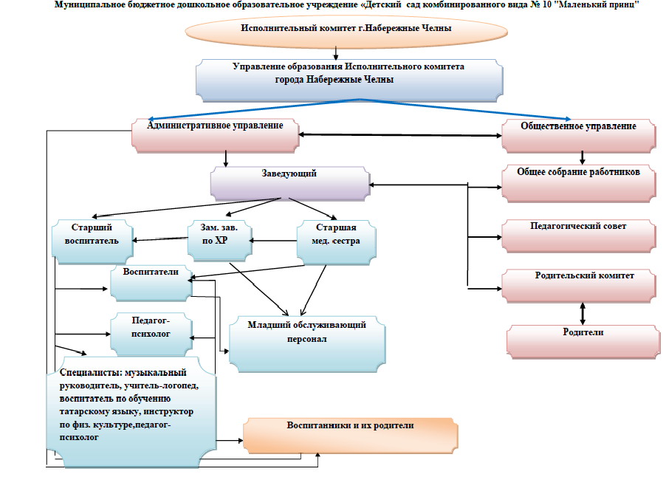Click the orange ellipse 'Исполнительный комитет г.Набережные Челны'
pos(346,29)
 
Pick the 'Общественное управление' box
pos(579,134)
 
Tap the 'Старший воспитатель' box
pos(92,239)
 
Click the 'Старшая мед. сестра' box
pos(337,239)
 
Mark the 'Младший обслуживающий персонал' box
pos(306,341)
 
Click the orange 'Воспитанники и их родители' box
pos(350,435)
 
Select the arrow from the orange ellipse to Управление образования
pos(337,53)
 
